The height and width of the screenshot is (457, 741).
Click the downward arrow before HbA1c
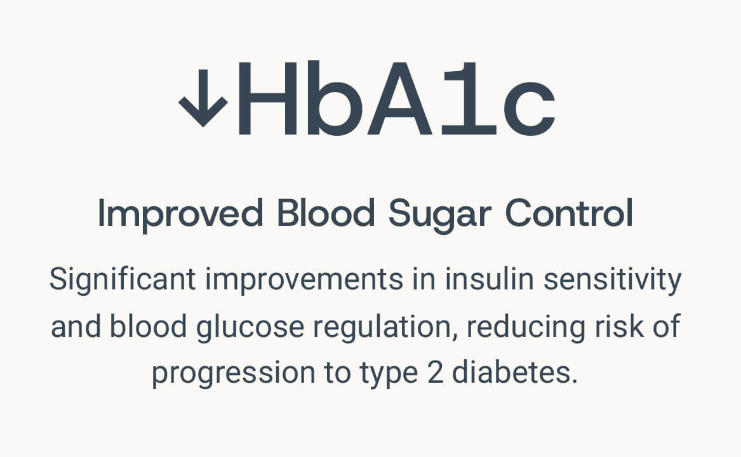[203, 98]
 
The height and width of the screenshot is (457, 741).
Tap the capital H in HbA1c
[268, 98]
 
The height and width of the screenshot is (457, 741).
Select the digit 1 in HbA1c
[469, 98]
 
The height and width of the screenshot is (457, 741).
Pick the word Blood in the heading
[326, 213]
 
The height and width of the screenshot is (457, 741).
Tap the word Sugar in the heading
[440, 216]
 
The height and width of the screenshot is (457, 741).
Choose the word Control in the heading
[569, 213]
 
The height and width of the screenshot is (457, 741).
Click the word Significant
[123, 280]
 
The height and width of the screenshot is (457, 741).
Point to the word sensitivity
[613, 281]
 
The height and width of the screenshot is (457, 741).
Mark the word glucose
[250, 328]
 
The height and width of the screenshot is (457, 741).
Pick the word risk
[619, 326]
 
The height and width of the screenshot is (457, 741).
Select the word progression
[234, 374]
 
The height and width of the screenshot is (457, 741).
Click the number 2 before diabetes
[435, 373]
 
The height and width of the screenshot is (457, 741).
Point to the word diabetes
[515, 373]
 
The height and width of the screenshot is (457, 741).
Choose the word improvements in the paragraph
[304, 281]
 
